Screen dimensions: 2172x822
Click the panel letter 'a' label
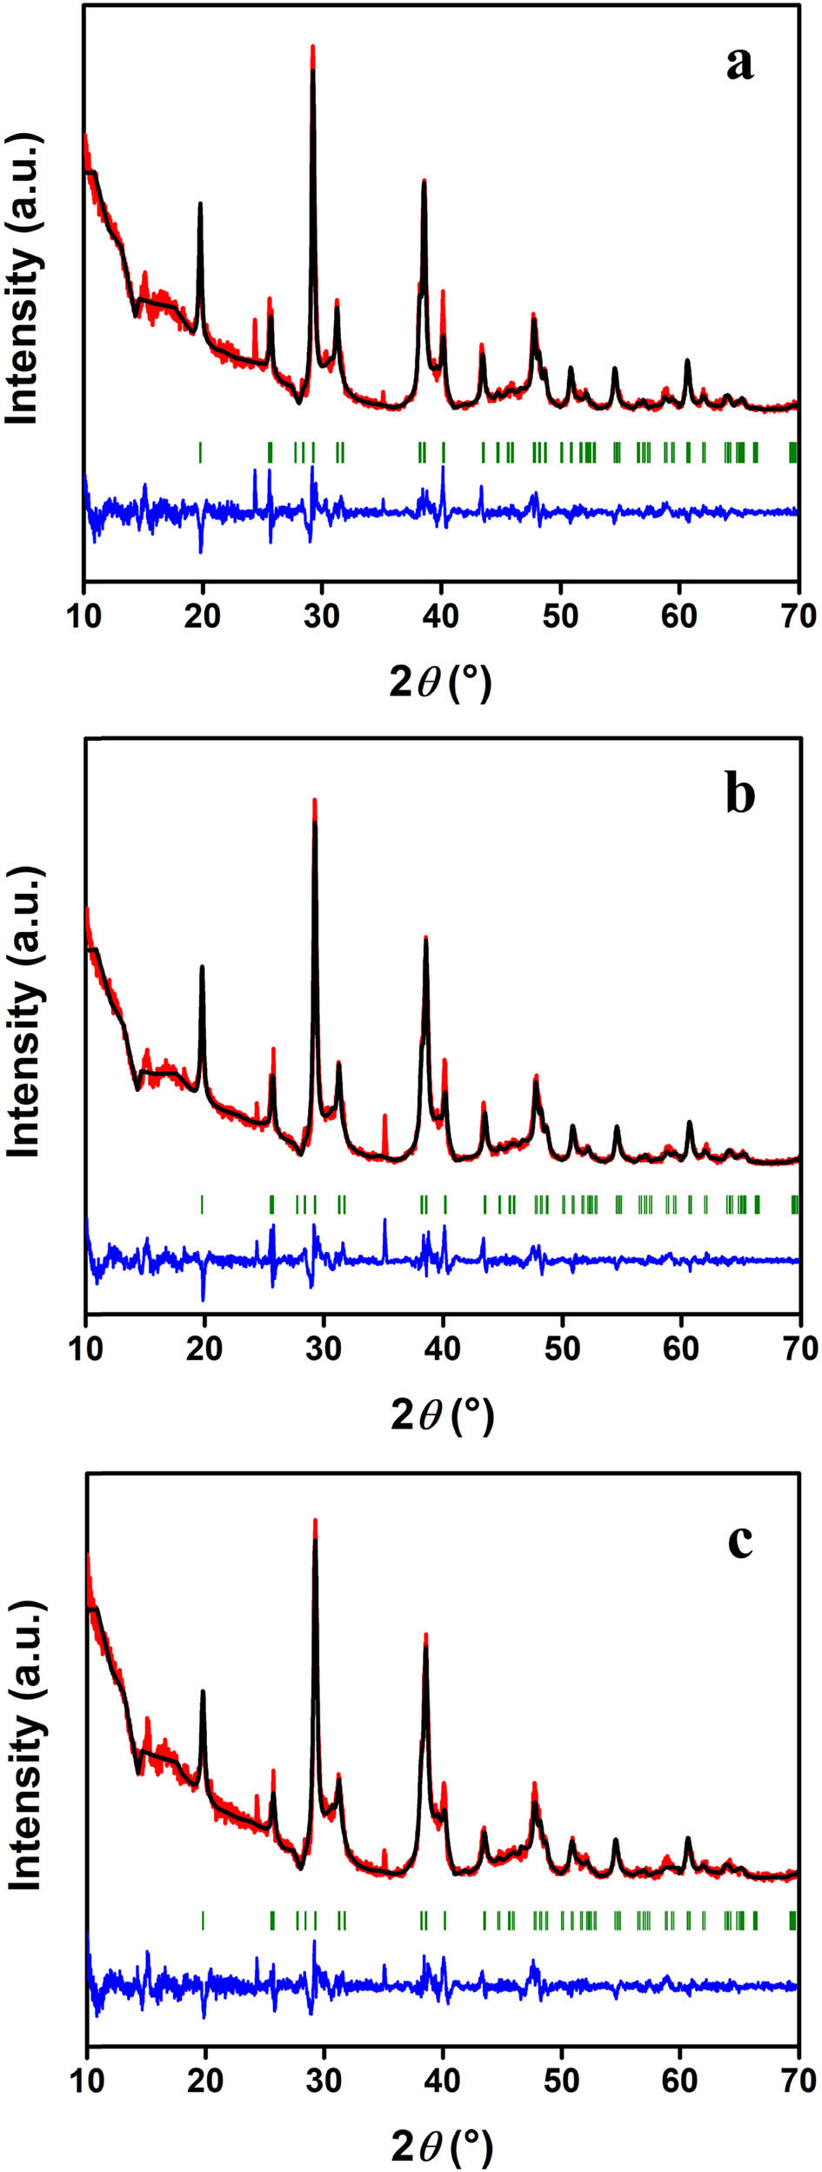click(x=739, y=64)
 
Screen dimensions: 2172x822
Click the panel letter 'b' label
click(x=740, y=796)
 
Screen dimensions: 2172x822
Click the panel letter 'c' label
click(x=740, y=1542)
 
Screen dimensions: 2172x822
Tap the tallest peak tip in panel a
click(x=312, y=46)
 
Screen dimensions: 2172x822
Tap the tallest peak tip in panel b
click(x=314, y=800)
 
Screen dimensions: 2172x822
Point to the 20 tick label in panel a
click(x=203, y=616)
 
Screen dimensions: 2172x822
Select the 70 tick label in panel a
click(x=799, y=616)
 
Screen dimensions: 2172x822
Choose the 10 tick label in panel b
click(x=86, y=1349)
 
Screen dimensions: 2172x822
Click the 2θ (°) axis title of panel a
click(x=440, y=683)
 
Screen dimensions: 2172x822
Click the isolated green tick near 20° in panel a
click(x=200, y=452)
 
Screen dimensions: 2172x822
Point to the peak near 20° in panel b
click(x=203, y=967)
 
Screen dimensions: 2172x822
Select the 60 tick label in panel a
click(x=679, y=616)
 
